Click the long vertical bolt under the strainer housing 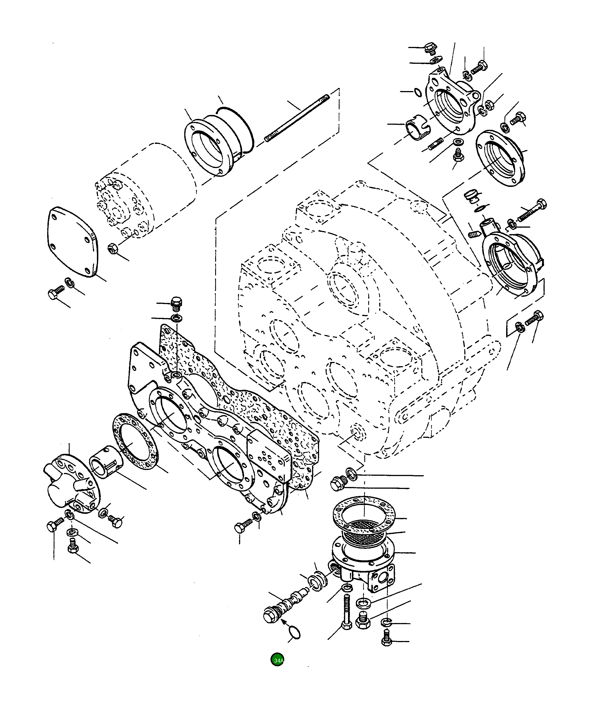[x=346, y=611]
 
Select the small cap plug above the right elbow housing [x=470, y=196]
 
